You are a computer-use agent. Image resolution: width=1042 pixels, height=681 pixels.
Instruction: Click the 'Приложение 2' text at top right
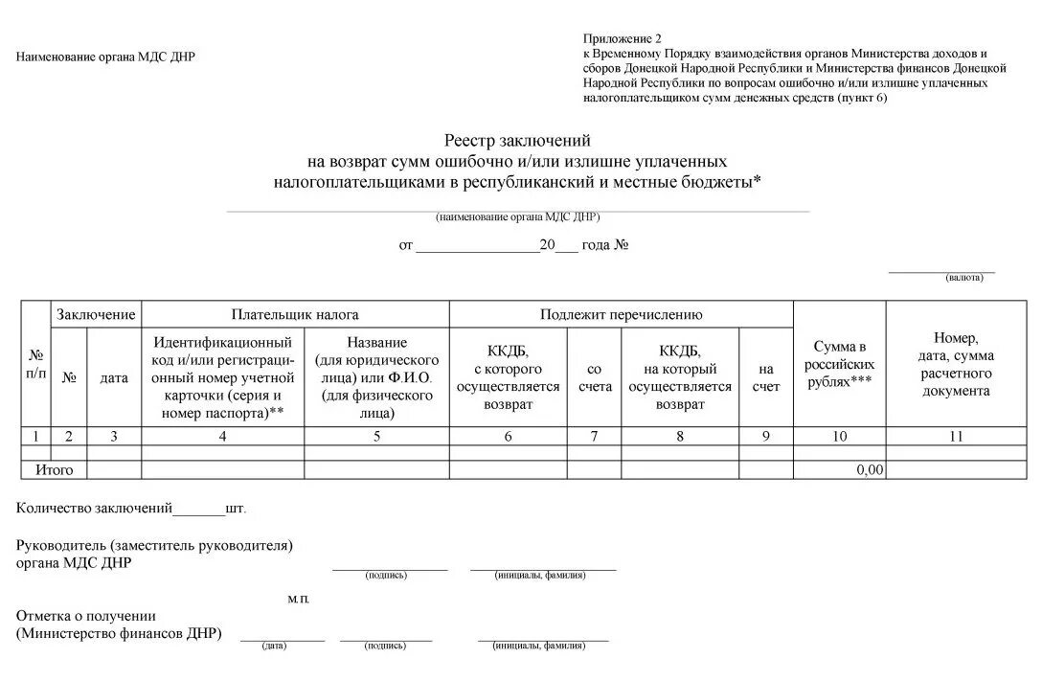[x=623, y=38]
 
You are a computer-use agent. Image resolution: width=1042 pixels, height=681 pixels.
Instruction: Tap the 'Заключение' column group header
[x=96, y=314]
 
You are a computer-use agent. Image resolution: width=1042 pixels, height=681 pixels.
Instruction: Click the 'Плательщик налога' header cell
[x=295, y=314]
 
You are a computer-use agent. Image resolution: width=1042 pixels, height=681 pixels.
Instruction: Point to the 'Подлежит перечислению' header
[x=621, y=314]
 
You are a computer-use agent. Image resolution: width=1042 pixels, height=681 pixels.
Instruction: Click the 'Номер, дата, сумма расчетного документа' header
[x=955, y=364]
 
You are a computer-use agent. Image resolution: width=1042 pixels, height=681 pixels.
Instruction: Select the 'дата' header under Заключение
[x=114, y=377]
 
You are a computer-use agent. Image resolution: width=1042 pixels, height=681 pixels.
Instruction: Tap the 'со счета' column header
[x=594, y=377]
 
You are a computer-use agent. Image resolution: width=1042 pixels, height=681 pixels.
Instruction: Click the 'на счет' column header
[x=765, y=377]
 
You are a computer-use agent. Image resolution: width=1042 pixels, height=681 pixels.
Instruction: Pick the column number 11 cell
[x=955, y=436]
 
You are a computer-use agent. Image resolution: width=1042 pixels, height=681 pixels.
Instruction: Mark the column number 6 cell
[x=508, y=436]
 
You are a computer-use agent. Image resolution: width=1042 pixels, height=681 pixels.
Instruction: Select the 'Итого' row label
[x=55, y=470]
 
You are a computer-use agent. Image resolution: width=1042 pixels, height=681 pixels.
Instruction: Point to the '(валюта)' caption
[x=964, y=278]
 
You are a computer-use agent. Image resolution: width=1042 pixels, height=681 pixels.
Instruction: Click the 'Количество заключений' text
[x=94, y=509]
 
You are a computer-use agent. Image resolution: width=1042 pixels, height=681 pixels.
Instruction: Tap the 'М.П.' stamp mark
[x=299, y=599]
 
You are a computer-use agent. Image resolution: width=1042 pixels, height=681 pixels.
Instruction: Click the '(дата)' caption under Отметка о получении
[x=275, y=647]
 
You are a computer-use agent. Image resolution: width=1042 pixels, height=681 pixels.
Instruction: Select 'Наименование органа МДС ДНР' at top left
[x=105, y=57]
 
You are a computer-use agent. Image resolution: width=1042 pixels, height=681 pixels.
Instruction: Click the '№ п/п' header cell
[x=35, y=364]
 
